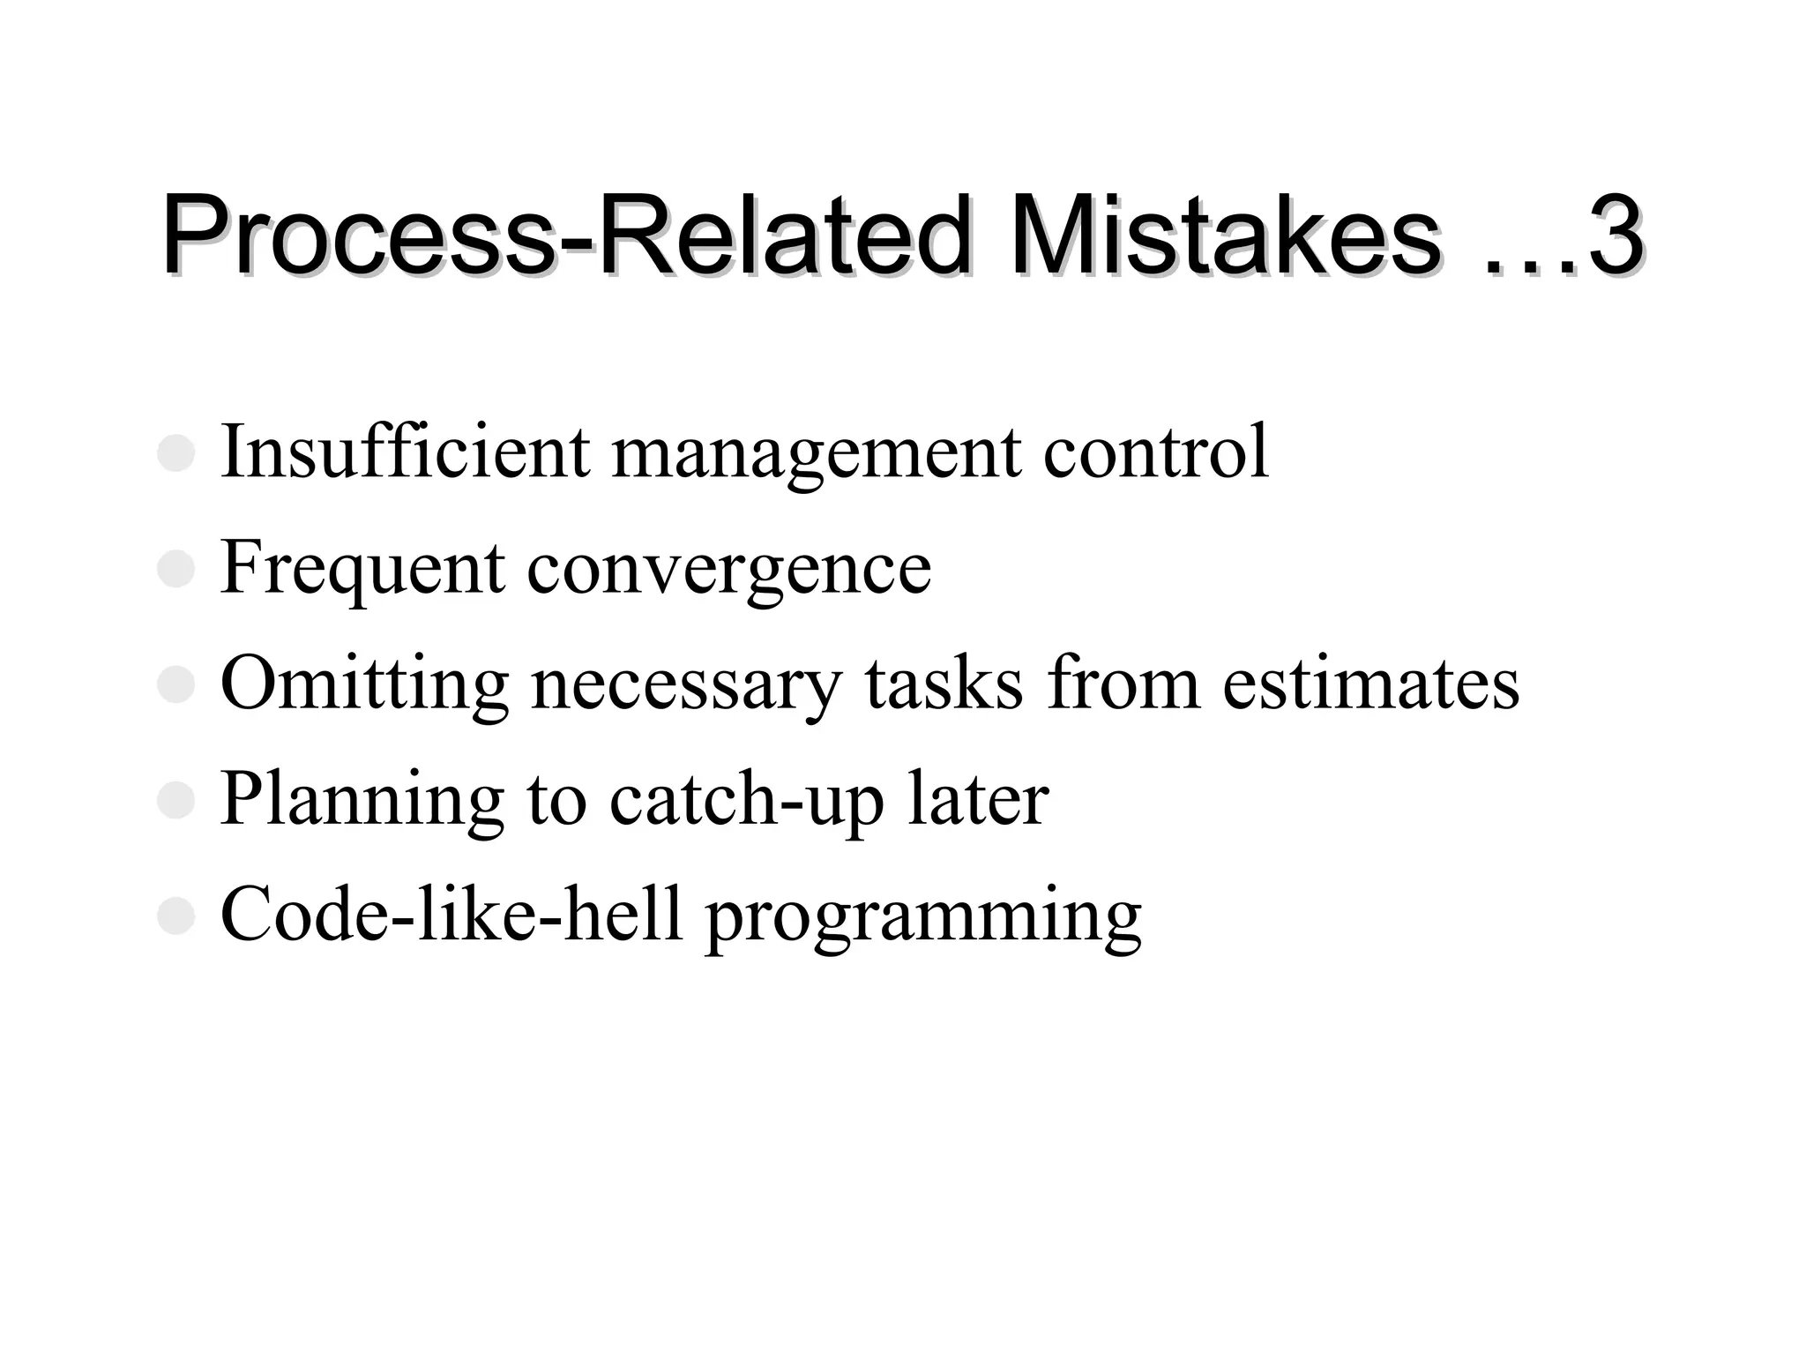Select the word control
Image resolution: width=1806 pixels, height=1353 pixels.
1155,452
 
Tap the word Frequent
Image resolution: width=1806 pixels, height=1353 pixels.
362,569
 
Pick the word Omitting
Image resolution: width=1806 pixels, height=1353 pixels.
364,685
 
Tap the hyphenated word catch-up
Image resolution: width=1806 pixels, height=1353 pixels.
746,801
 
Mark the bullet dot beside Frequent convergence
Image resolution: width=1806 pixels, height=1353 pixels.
175,569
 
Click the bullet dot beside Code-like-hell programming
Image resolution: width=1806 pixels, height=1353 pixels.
175,916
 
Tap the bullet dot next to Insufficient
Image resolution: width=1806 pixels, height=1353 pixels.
175,453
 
